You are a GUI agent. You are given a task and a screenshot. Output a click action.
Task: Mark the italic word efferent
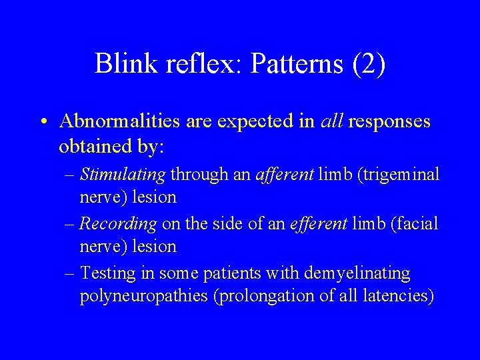point(317,224)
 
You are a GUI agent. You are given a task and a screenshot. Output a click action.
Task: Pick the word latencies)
point(396,296)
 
